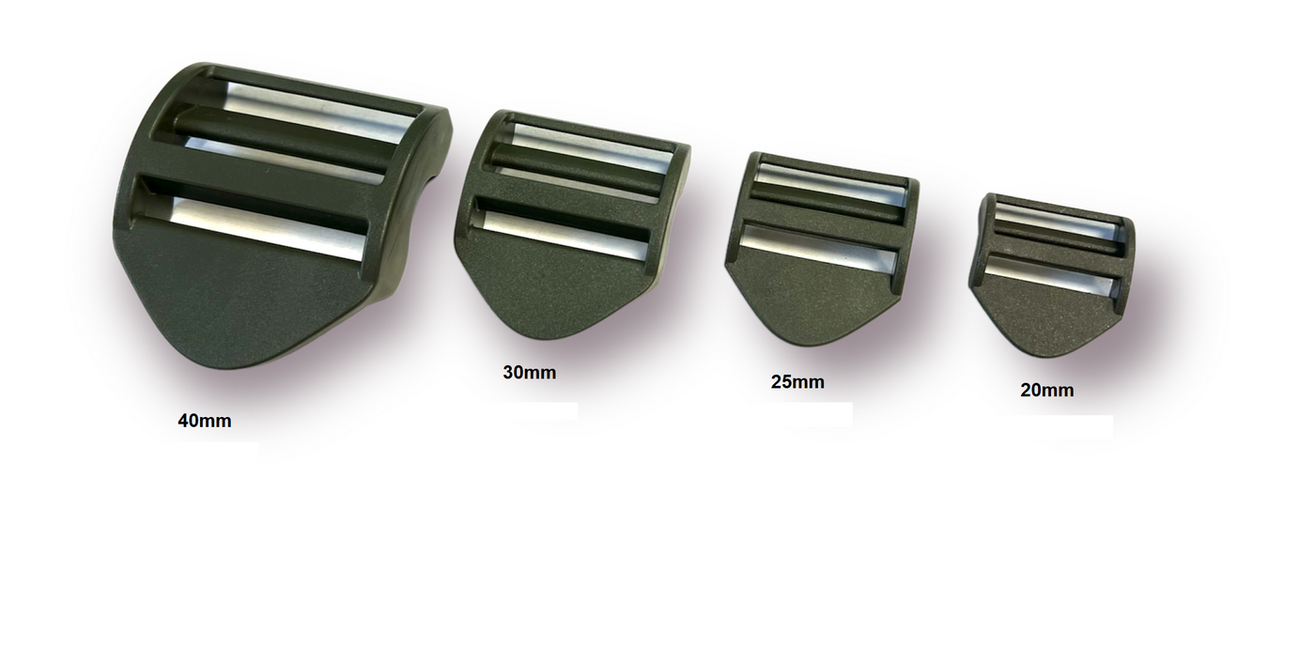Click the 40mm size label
[205, 421]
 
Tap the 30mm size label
[529, 373]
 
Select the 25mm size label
[797, 382]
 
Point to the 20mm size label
[1046, 391]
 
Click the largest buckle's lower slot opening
[253, 220]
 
